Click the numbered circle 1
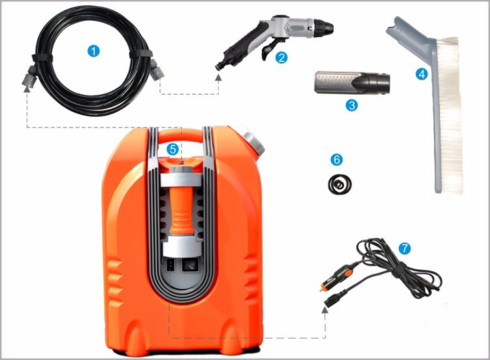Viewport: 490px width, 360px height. click(95, 51)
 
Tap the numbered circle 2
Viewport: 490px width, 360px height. click(282, 57)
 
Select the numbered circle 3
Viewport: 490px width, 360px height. click(352, 104)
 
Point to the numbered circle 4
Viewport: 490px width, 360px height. click(421, 74)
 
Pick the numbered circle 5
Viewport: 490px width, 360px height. click(172, 149)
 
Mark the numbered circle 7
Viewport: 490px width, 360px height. click(404, 248)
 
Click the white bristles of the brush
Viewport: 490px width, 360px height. click(451, 118)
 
